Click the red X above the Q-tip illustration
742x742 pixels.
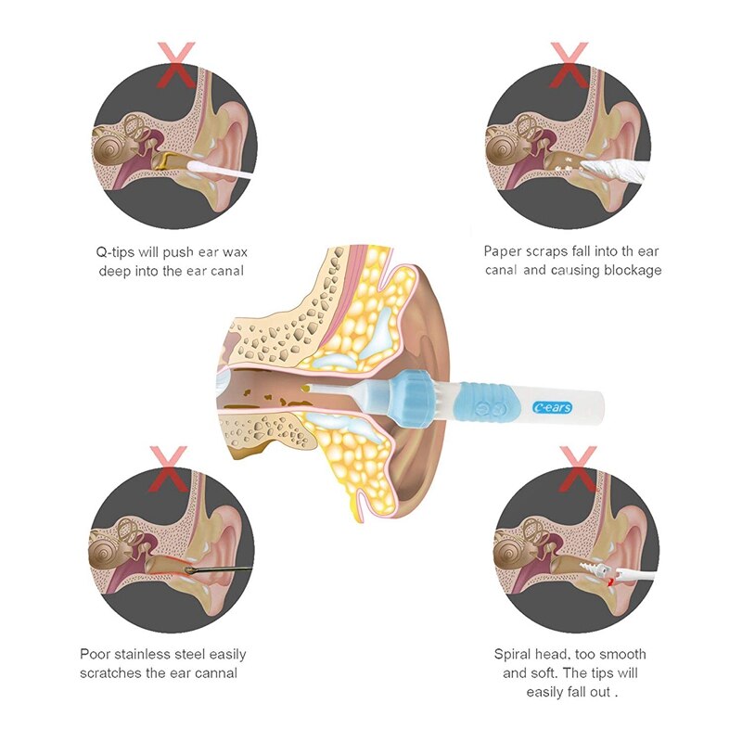pos(176,64)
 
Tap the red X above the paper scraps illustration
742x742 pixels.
pos(569,64)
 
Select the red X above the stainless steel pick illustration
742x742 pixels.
pos(169,468)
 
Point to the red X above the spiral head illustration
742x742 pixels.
pos(577,468)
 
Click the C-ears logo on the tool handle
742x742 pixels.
pos(552,407)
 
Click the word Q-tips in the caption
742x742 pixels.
pos(115,252)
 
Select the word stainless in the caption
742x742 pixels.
pos(144,655)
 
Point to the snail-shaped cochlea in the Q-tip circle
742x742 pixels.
pos(109,149)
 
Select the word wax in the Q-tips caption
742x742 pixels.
pos(235,252)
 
